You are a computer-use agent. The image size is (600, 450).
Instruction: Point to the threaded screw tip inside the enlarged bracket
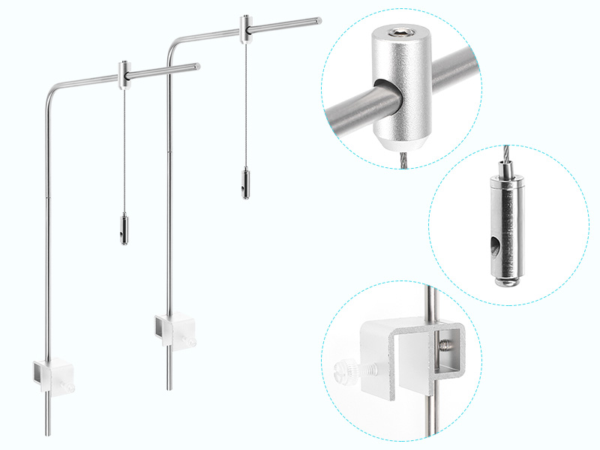pos(445,344)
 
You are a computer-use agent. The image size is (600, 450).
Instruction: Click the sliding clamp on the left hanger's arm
pos(124,73)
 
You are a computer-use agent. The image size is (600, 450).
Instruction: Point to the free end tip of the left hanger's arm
pos(199,66)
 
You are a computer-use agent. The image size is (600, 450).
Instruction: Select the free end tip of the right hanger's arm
pos(319,20)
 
